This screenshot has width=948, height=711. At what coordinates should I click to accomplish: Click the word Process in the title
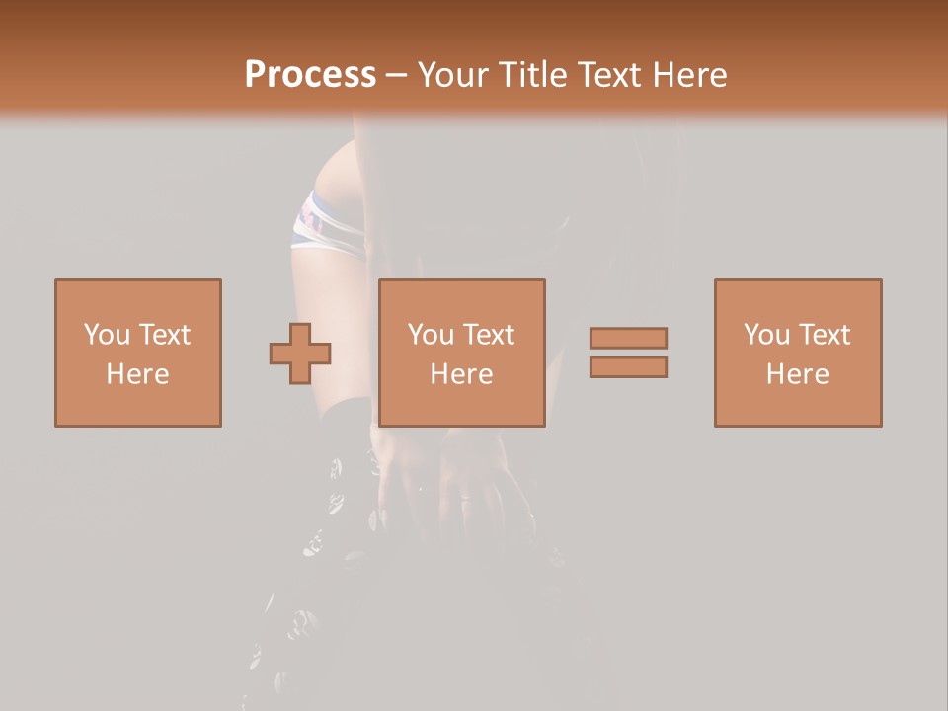310,74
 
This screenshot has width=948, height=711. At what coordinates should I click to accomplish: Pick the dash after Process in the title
397,76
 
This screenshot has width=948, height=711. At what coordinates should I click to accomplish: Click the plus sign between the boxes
300,354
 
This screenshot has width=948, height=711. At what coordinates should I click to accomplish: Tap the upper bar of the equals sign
628,338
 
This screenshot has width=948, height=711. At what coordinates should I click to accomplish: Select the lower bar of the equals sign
628,367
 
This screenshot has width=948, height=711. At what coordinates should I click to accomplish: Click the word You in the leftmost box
107,335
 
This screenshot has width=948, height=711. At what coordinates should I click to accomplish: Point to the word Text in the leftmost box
164,335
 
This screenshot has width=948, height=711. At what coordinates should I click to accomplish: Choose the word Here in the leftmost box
137,374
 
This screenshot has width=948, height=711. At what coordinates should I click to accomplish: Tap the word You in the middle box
431,335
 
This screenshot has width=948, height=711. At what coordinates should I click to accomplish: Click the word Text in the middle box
488,335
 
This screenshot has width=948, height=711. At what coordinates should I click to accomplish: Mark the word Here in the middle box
461,374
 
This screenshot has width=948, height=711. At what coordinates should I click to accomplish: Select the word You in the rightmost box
766,335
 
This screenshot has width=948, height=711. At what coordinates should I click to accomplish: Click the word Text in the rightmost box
824,335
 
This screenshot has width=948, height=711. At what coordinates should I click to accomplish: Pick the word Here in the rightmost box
797,374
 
